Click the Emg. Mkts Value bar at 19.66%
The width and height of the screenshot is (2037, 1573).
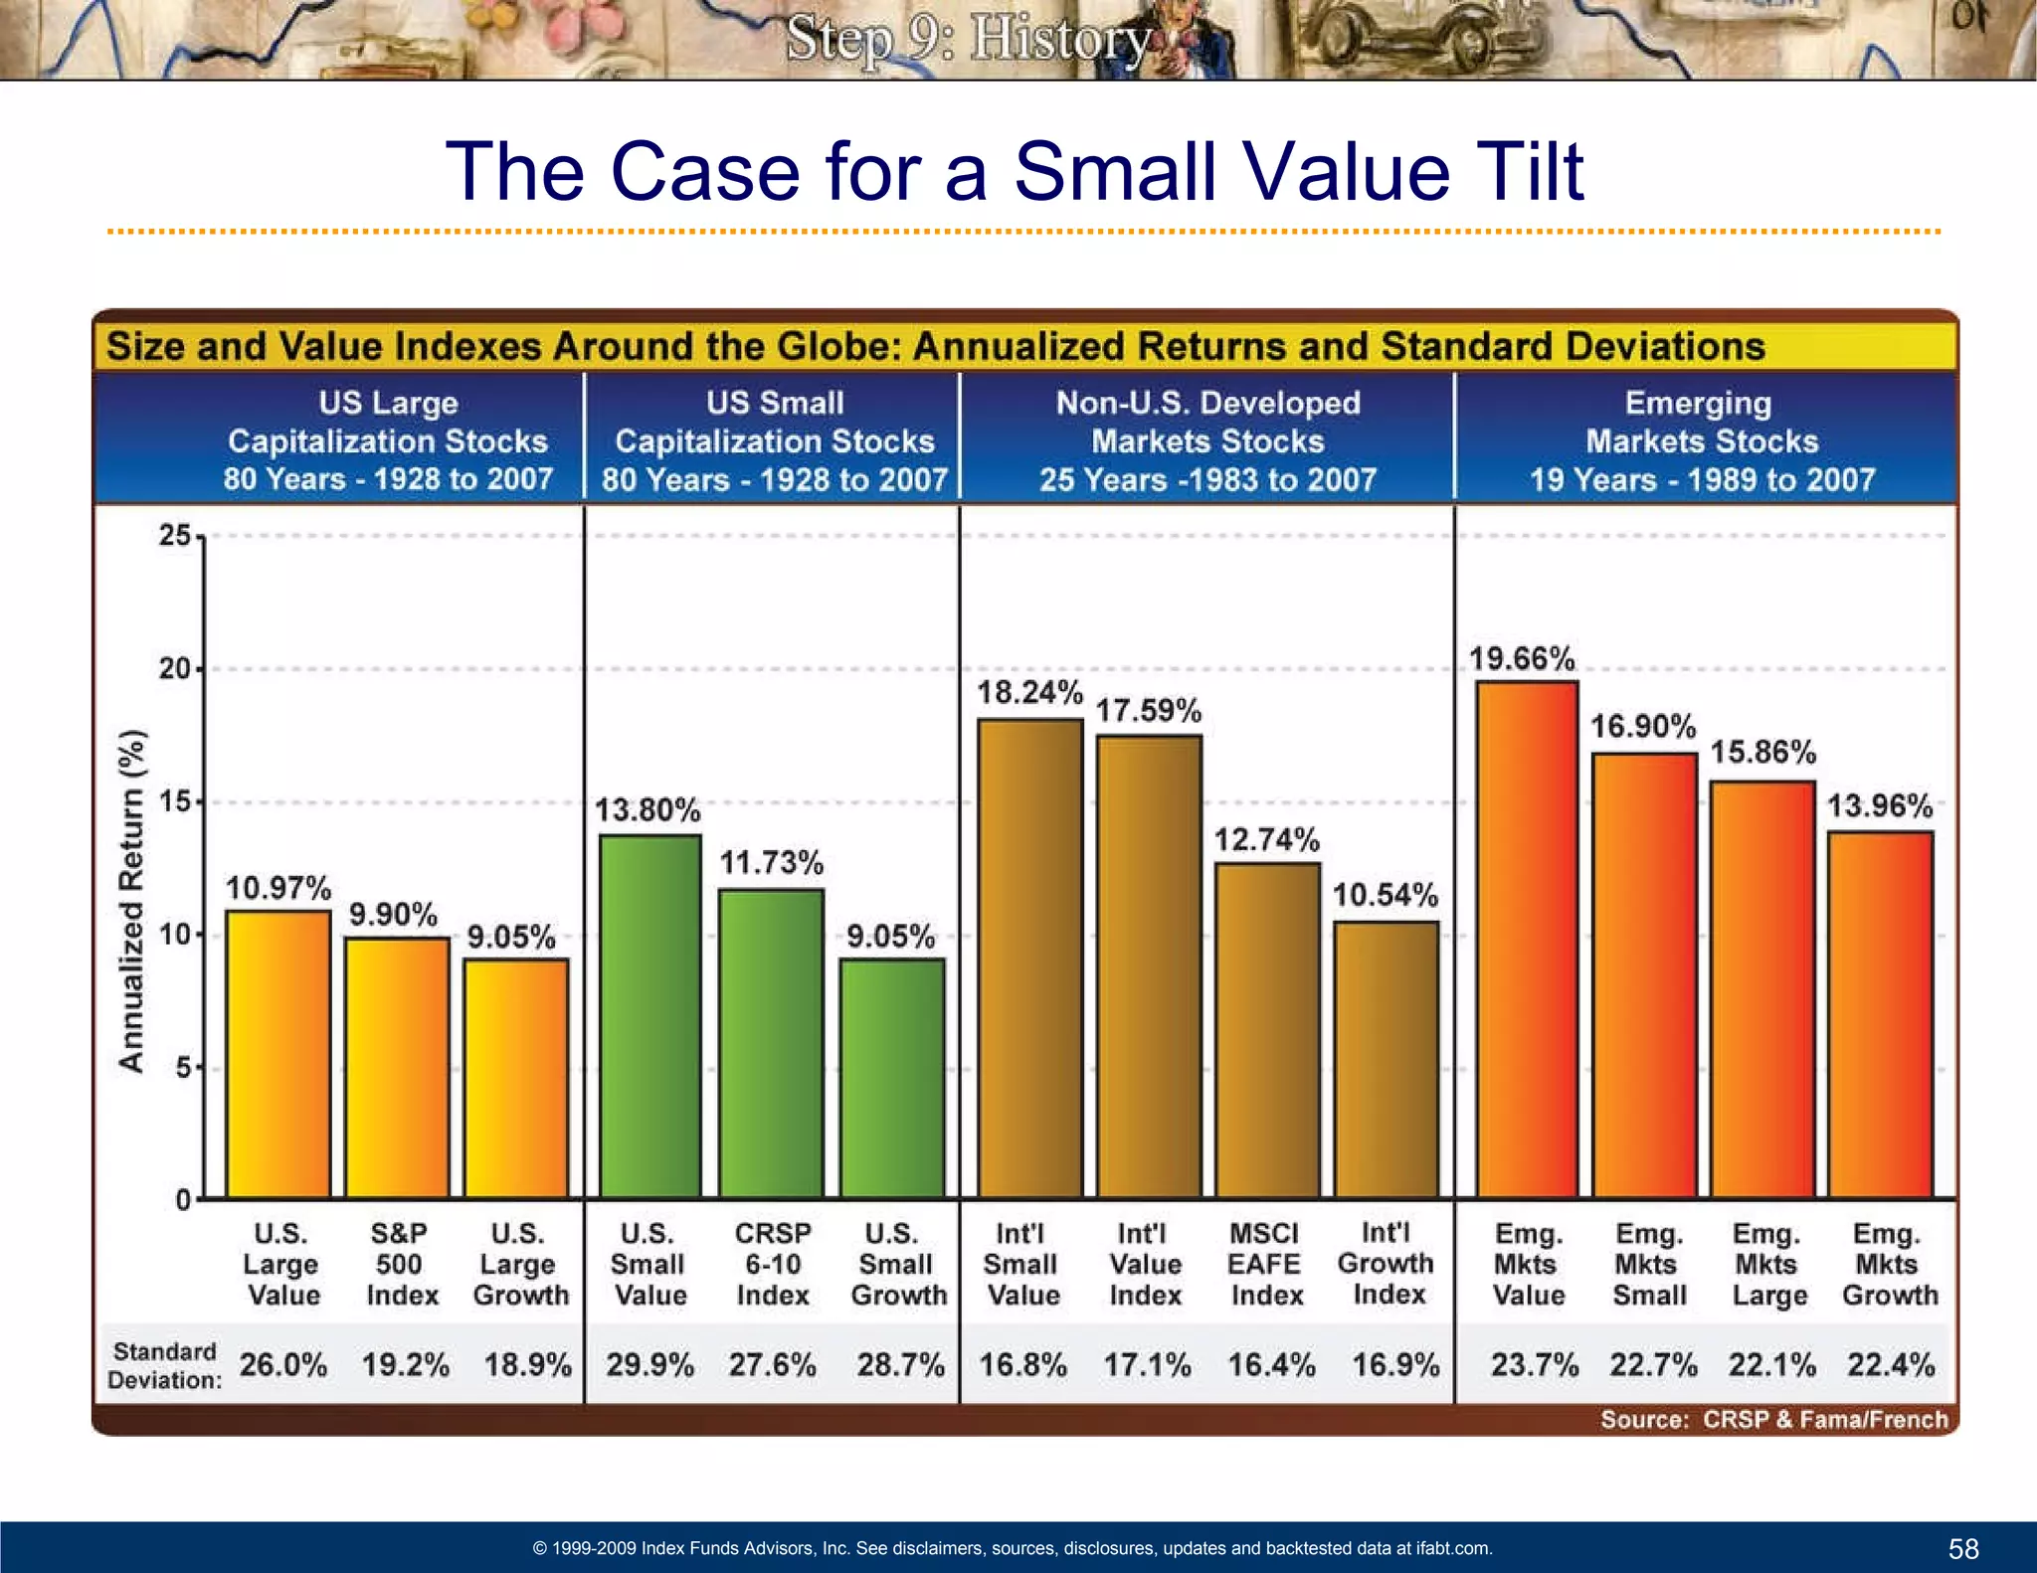pyautogui.click(x=1527, y=940)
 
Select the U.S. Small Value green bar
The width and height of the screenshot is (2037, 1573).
pyautogui.click(x=650, y=1016)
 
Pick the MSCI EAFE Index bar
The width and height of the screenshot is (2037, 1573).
pyautogui.click(x=1267, y=1030)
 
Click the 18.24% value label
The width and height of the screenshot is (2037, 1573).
pyautogui.click(x=1029, y=692)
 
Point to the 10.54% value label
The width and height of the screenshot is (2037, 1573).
pyautogui.click(x=1385, y=895)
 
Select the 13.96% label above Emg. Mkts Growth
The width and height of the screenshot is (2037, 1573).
pyautogui.click(x=1880, y=805)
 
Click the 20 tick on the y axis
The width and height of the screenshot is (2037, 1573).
pyautogui.click(x=175, y=669)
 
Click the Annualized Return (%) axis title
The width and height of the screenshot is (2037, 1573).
pyautogui.click(x=131, y=902)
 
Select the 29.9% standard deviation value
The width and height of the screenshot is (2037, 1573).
pyautogui.click(x=650, y=1364)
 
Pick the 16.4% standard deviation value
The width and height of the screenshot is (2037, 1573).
pyautogui.click(x=1271, y=1364)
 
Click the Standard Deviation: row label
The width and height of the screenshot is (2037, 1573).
pyautogui.click(x=164, y=1365)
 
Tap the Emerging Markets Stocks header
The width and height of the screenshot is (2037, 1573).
pyautogui.click(x=1702, y=440)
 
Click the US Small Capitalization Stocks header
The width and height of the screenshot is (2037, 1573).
pyautogui.click(x=774, y=440)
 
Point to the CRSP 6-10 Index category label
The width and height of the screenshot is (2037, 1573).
pyautogui.click(x=773, y=1264)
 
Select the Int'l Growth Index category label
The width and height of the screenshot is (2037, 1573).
pyautogui.click(x=1387, y=1263)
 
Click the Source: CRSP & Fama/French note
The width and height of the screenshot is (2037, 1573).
pyautogui.click(x=1773, y=1419)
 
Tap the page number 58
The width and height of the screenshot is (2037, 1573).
pyautogui.click(x=1963, y=1548)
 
